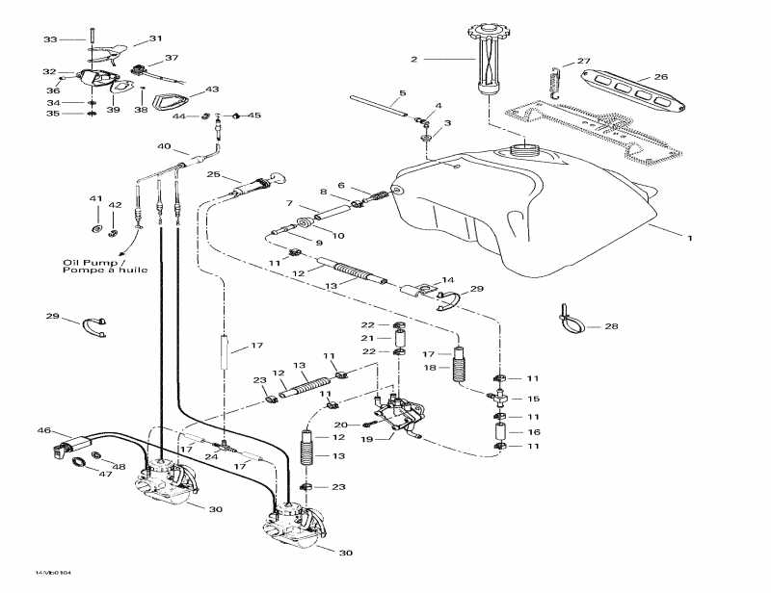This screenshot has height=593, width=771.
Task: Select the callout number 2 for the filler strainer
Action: (413, 60)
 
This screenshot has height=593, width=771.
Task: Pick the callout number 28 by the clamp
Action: (612, 327)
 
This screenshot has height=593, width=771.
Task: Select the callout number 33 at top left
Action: (50, 39)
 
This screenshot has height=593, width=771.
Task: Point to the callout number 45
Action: (254, 116)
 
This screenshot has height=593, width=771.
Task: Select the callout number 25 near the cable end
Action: (213, 175)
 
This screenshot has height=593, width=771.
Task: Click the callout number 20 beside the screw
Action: (339, 425)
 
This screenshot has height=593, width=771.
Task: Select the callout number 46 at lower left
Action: (43, 430)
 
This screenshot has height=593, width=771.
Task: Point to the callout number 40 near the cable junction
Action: (164, 147)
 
